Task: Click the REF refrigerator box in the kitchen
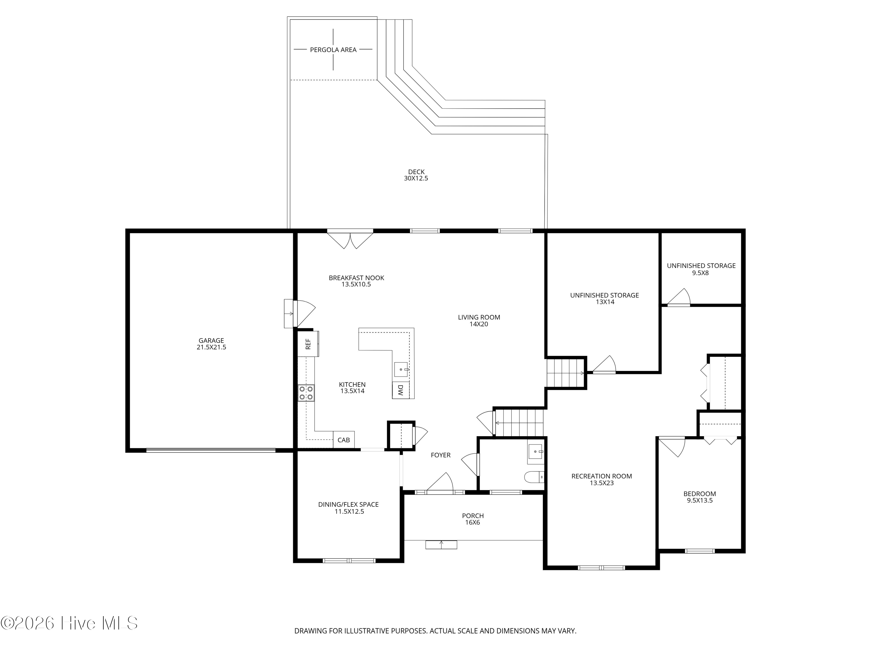click(x=308, y=344)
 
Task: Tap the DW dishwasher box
click(x=400, y=390)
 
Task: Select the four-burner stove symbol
click(x=306, y=393)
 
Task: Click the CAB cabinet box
click(x=344, y=440)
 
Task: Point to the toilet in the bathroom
click(x=534, y=477)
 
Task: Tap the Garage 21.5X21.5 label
click(x=211, y=344)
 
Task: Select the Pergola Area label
click(x=333, y=50)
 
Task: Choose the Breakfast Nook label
click(x=356, y=281)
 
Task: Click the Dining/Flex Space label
click(x=348, y=508)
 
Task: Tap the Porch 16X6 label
click(x=473, y=519)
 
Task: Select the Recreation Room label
click(x=602, y=479)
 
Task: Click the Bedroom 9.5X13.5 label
click(x=700, y=497)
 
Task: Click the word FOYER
click(x=441, y=455)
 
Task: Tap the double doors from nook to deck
click(x=350, y=239)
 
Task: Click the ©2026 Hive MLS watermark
click(x=69, y=623)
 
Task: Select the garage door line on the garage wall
click(x=211, y=450)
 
